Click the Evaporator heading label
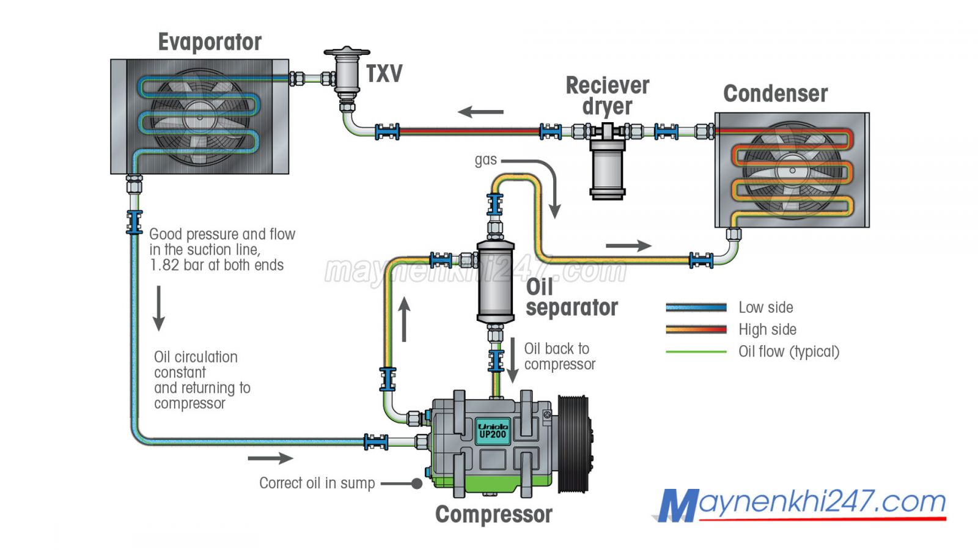click(x=210, y=42)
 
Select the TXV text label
click(x=384, y=74)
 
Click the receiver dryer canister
click(x=607, y=168)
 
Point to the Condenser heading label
click(x=775, y=94)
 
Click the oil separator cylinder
click(x=495, y=281)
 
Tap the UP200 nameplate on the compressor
click(x=493, y=431)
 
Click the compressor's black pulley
click(x=575, y=443)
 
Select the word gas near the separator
click(x=485, y=160)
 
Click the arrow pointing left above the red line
click(x=480, y=112)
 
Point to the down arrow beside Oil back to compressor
click(x=513, y=361)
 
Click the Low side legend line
click(x=696, y=307)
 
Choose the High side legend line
click(x=696, y=329)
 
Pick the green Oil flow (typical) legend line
click(x=696, y=351)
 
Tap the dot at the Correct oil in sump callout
click(x=417, y=483)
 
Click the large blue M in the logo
click(x=677, y=506)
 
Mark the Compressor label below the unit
click(x=493, y=515)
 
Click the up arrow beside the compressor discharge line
click(x=404, y=319)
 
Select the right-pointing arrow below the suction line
click(x=270, y=458)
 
